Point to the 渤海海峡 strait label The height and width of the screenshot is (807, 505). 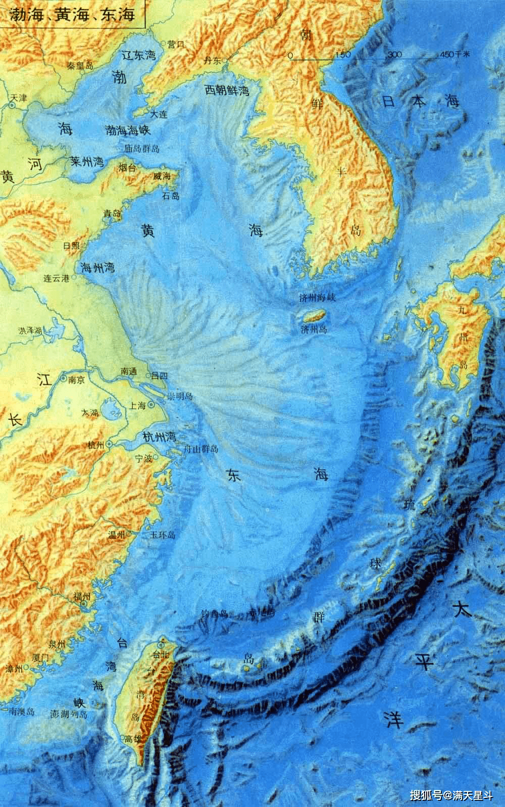click(129, 130)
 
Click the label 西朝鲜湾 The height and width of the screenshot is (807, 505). click(227, 91)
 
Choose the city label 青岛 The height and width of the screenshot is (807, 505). click(112, 214)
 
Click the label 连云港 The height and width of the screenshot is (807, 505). click(56, 278)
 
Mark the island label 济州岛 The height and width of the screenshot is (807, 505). click(314, 329)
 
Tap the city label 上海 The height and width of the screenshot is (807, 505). click(138, 405)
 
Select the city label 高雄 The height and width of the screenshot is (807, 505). click(133, 739)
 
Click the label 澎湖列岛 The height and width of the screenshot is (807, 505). click(70, 715)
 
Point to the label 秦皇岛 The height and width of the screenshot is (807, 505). click(80, 66)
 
